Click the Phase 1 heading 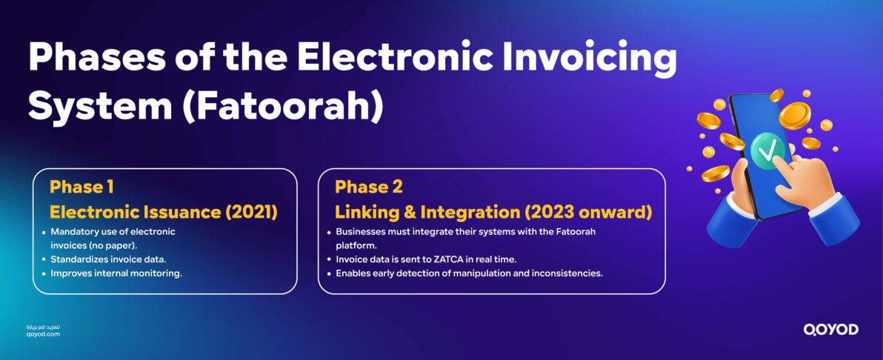(x=81, y=186)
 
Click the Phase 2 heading (x=369, y=186)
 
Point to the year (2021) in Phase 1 (x=251, y=213)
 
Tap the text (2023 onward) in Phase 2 (x=588, y=213)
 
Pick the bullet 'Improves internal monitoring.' (x=116, y=273)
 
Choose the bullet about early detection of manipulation (x=469, y=273)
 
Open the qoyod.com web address (x=42, y=335)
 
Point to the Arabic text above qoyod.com (x=43, y=327)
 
